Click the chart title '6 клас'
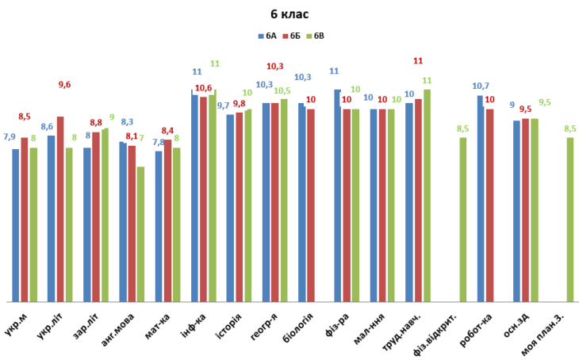(x=289, y=14)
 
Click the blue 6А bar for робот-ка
(x=481, y=198)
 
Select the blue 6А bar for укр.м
(x=16, y=225)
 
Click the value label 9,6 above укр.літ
(x=65, y=85)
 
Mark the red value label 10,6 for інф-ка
(x=203, y=87)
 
